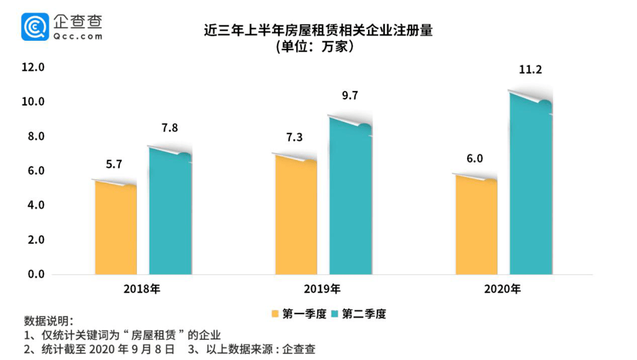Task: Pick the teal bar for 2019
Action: click(350, 198)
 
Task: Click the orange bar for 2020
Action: click(476, 227)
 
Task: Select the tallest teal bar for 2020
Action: click(531, 186)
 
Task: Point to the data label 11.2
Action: click(530, 70)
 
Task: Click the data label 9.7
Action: click(350, 95)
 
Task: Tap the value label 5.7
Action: click(114, 165)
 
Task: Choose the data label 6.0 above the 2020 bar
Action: click(475, 159)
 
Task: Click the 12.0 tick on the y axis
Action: click(33, 67)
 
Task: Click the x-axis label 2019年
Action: click(322, 289)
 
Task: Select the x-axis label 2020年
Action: click(503, 289)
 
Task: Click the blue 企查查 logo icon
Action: click(35, 27)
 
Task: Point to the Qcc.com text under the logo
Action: click(78, 36)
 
